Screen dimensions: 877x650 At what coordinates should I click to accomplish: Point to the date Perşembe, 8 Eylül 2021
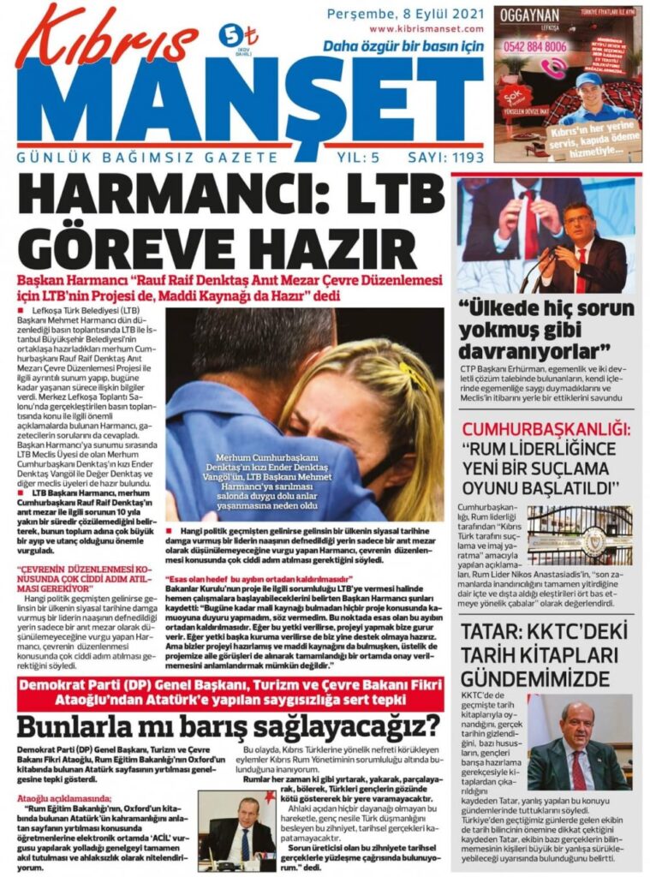point(405,14)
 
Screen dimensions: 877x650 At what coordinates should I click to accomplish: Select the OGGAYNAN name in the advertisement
point(530,15)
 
